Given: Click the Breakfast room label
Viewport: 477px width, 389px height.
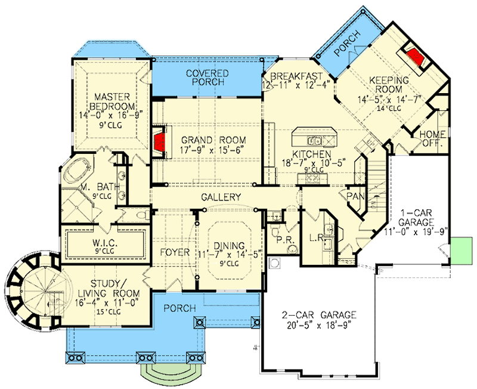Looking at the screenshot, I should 297,76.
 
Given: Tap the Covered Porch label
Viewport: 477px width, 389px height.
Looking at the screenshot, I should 208,77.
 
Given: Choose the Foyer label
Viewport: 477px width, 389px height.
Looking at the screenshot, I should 175,252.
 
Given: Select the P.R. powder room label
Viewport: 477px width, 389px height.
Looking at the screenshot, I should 282,240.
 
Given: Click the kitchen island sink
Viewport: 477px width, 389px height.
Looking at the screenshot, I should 314,141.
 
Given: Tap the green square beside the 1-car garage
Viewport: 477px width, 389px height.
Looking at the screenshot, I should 461,249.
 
